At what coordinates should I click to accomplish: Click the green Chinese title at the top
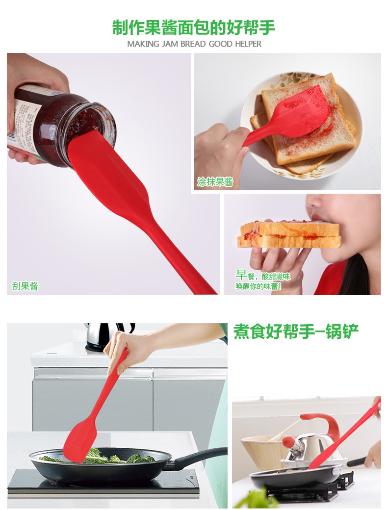(194, 27)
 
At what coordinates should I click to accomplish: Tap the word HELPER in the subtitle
(246, 44)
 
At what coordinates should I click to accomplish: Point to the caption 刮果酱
(25, 286)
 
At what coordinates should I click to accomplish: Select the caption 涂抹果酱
(215, 182)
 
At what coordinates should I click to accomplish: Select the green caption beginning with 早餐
(263, 281)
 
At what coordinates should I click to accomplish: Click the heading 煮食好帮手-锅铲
(296, 331)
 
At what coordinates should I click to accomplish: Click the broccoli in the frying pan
(107, 456)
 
